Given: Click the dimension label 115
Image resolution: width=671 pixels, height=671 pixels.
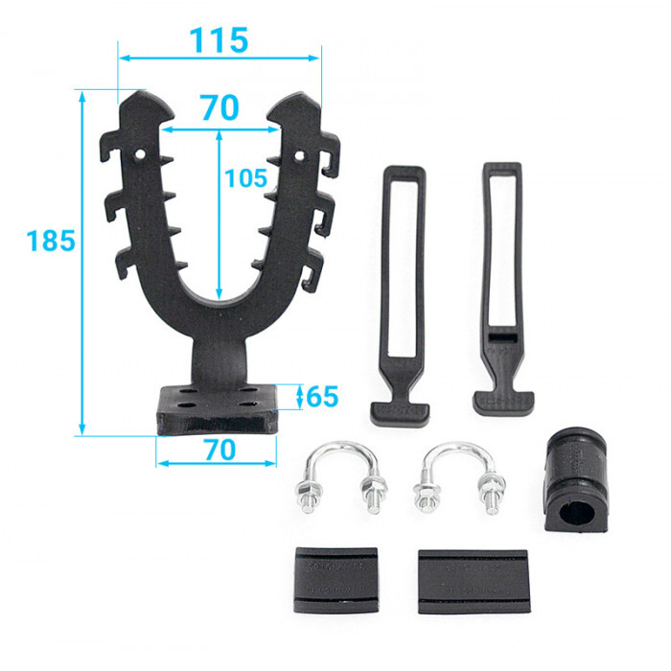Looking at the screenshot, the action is pyautogui.click(x=219, y=40).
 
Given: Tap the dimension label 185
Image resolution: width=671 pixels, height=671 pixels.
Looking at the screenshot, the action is pyautogui.click(x=51, y=240).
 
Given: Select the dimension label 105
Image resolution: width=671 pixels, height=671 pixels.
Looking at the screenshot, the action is pyautogui.click(x=245, y=178).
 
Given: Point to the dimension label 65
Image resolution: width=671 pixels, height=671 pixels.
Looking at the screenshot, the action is pyautogui.click(x=322, y=396).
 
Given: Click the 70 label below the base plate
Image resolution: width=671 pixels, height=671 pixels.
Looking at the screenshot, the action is pyautogui.click(x=220, y=450).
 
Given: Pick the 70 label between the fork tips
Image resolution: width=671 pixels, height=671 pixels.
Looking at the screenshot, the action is pyautogui.click(x=220, y=107).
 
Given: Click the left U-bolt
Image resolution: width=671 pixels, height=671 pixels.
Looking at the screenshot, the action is pyautogui.click(x=341, y=476).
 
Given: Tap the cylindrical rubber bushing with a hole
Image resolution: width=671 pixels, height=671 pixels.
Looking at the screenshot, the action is pyautogui.click(x=576, y=479).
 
